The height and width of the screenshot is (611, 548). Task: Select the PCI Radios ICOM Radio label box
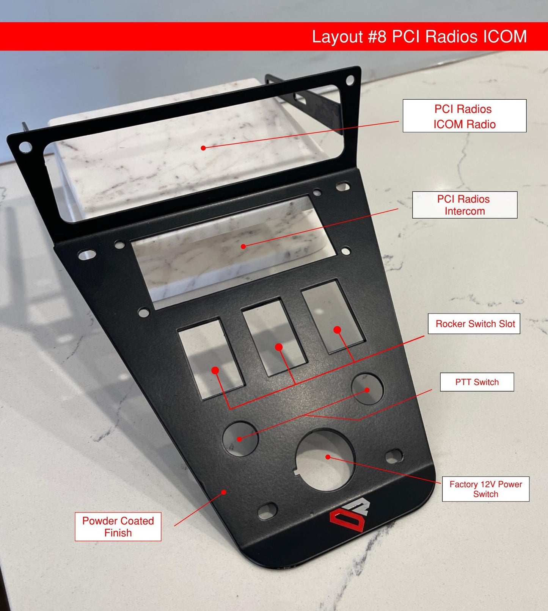464,116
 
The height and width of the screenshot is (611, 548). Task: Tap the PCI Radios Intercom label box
465,205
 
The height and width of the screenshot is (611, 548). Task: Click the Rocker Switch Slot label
474,324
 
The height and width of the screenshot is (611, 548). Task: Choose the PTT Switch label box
477,382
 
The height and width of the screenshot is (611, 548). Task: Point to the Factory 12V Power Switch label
485,489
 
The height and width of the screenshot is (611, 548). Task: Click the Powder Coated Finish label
118,526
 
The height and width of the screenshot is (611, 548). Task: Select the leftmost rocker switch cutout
210,358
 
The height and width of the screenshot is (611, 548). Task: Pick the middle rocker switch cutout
274,337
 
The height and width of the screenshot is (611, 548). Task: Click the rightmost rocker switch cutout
332,317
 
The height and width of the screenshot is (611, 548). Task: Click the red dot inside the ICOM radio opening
203,148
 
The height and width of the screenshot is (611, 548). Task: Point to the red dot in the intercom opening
243,246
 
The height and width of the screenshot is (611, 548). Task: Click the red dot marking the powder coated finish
224,492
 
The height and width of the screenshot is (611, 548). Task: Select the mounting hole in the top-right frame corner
350,80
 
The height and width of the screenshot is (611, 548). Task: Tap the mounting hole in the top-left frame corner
25,146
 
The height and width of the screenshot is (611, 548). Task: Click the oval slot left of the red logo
267,511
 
